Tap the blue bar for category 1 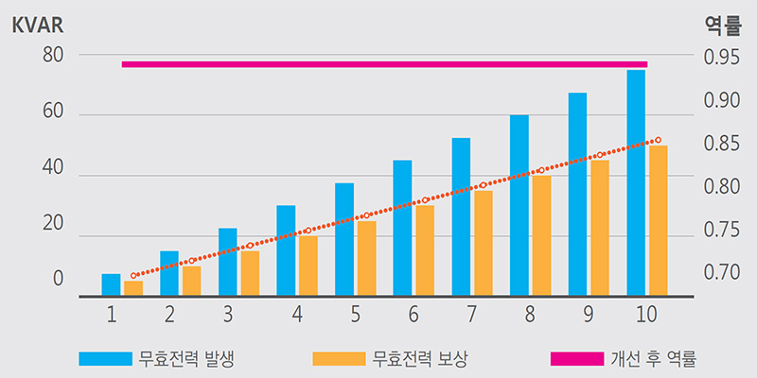click(111, 284)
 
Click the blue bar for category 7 click(461, 216)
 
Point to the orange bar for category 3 click(250, 273)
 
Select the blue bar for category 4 click(286, 250)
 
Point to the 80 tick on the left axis click(53, 56)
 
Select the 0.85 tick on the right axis click(723, 145)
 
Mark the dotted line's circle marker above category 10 click(659, 140)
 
